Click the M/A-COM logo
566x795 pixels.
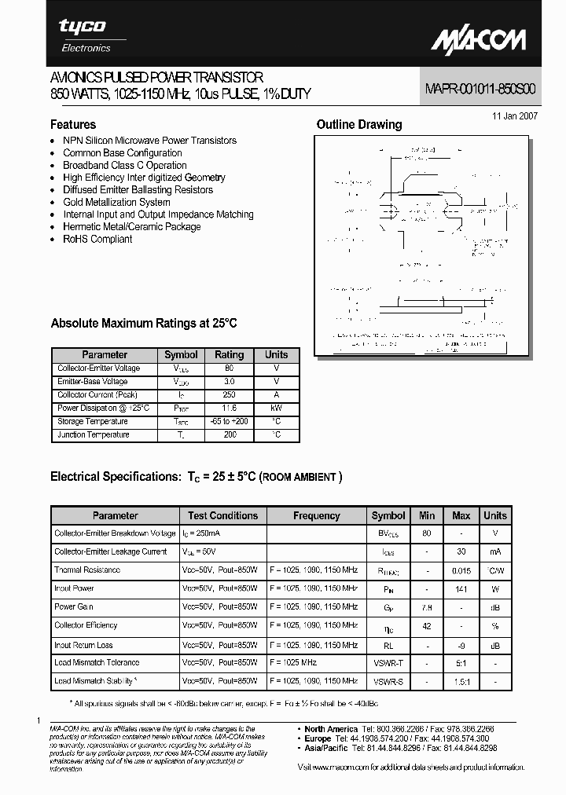pos(479,38)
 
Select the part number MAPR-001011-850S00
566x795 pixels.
pos(481,90)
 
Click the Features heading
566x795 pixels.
pos(73,125)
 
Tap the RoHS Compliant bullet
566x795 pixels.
pos(97,239)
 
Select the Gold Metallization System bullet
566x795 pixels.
pos(116,202)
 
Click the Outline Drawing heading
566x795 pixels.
pos(358,124)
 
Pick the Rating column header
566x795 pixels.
pos(230,355)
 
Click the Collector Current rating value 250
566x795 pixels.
pos(230,394)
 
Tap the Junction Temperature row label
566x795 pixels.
pos(93,434)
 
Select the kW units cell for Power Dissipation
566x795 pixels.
pos(276,408)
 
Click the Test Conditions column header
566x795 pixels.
pos(222,516)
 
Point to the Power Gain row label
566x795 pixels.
pos(75,606)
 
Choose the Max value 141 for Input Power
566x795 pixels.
pos(461,588)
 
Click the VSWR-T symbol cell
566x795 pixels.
pos(388,662)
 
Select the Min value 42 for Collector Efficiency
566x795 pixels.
pos(427,625)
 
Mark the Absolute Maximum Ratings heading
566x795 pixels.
pos(143,324)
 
